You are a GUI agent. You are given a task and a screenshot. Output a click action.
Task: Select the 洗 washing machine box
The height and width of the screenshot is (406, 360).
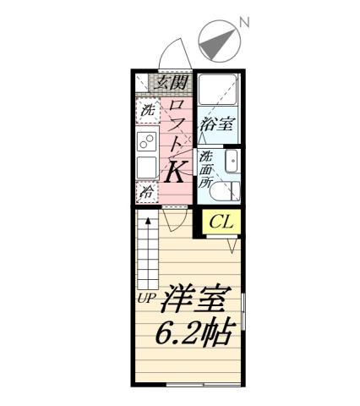coord(148,110)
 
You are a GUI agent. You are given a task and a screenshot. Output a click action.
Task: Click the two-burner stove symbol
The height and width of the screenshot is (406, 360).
coord(146,140)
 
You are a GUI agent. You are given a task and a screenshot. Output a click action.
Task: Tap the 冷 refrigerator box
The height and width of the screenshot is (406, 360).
coord(147,192)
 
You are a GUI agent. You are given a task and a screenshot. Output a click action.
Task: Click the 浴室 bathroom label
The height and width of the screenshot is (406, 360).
coord(216,123)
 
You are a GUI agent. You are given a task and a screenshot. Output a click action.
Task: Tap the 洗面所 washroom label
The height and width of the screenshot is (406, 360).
coord(206,167)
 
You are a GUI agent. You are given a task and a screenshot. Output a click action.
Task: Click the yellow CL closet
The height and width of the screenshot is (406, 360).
coord(221,222)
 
